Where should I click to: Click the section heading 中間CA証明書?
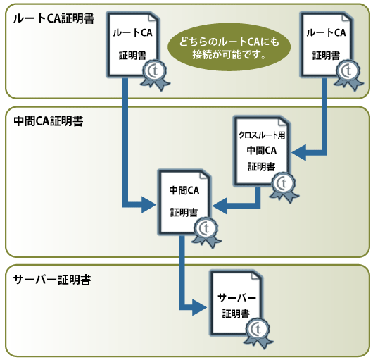[48, 120]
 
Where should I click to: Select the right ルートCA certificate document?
[325, 44]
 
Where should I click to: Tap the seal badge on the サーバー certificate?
[260, 330]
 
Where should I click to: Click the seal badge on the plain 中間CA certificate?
[205, 228]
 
